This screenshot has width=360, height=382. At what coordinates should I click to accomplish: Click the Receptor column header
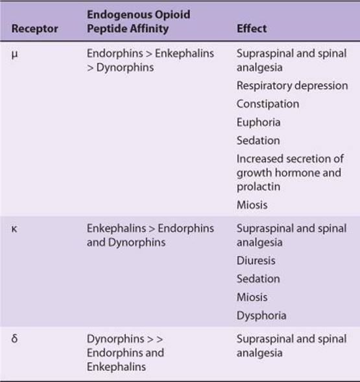click(34, 29)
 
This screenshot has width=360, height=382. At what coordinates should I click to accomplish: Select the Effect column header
click(252, 29)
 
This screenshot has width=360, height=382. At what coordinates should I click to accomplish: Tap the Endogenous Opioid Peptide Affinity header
click(138, 21)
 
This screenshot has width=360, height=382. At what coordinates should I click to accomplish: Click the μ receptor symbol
click(14, 54)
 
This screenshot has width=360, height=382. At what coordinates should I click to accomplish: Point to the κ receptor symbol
click(14, 229)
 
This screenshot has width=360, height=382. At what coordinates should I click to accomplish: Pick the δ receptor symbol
click(14, 339)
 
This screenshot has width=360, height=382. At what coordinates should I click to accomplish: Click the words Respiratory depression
click(293, 86)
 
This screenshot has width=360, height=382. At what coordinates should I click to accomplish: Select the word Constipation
click(268, 104)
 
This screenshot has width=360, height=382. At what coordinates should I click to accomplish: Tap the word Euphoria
click(258, 123)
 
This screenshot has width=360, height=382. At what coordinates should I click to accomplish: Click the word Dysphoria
click(261, 316)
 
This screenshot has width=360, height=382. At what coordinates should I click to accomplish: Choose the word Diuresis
click(256, 261)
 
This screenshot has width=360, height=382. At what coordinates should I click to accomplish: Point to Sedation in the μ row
click(258, 141)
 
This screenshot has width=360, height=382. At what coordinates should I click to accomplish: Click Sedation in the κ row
click(258, 279)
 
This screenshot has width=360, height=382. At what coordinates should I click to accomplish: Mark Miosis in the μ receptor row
click(252, 205)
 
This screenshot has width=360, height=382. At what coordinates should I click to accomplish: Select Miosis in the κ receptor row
click(252, 297)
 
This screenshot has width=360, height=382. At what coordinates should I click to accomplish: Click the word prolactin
click(258, 187)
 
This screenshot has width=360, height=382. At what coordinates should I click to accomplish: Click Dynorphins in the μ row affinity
click(125, 68)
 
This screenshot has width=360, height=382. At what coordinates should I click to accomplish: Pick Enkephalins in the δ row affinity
click(116, 367)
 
